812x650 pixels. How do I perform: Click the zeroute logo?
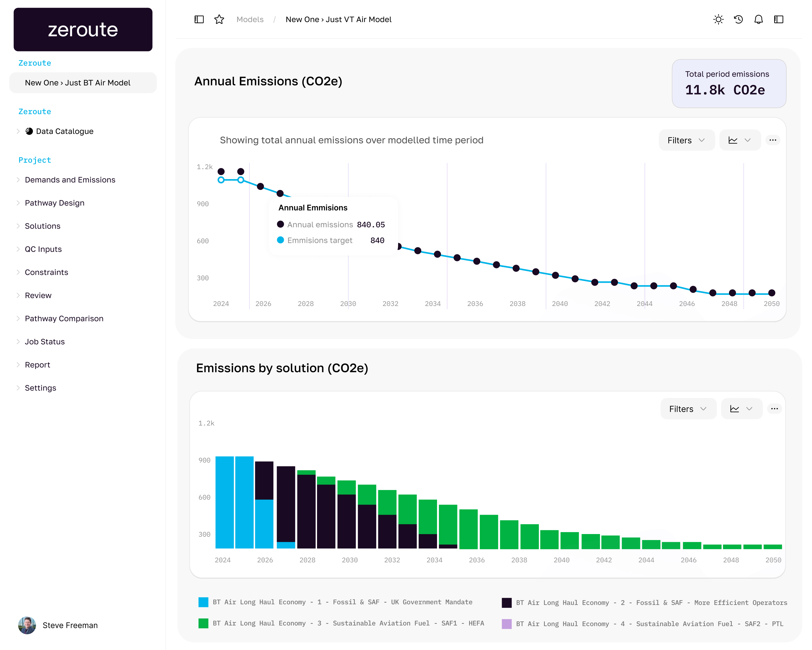[83, 30]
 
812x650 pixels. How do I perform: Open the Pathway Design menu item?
[55, 203]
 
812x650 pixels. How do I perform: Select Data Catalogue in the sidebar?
[64, 131]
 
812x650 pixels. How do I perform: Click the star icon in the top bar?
[219, 20]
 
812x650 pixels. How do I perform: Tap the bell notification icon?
[758, 20]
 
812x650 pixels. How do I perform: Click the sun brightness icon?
[718, 20]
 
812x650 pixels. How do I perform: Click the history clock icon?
[738, 20]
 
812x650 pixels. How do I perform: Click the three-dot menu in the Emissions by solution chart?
[774, 409]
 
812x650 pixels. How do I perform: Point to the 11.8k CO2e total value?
[725, 90]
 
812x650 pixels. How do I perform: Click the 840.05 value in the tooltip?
[371, 225]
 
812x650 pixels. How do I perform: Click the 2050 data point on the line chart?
[771, 293]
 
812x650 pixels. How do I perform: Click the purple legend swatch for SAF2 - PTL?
[507, 624]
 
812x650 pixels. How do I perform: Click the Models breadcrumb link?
[250, 20]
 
